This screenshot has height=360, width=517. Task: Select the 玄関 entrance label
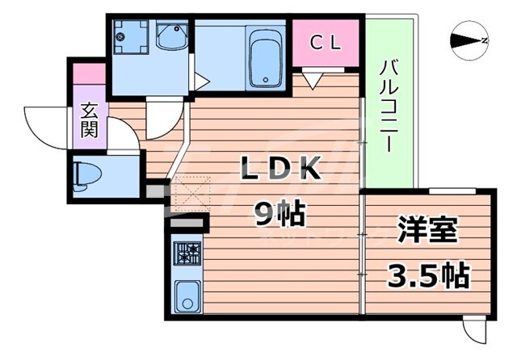[x=89, y=120]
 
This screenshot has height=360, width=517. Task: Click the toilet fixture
[x=88, y=172]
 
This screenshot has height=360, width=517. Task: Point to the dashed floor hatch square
[x=189, y=194]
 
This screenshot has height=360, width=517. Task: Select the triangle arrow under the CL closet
[x=313, y=79]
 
